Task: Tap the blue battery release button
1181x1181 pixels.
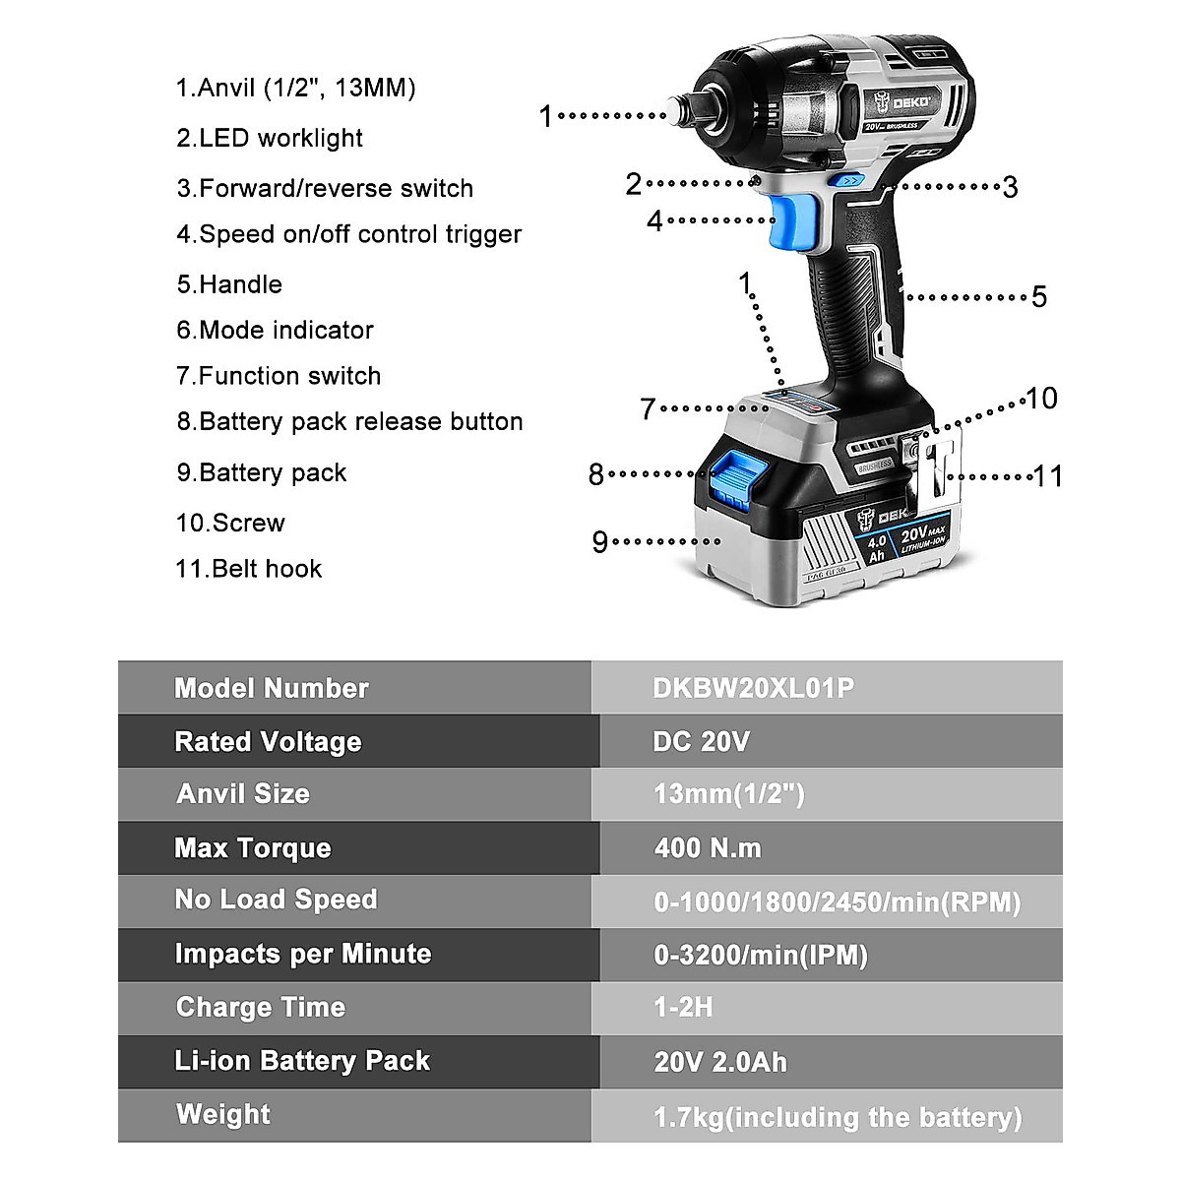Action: pos(732,478)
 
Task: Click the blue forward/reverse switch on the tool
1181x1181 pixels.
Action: pos(849,180)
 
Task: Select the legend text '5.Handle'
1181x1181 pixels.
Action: pos(229,284)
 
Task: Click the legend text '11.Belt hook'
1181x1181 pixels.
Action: pos(249,569)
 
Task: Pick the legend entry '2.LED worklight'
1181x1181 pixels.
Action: pos(270,138)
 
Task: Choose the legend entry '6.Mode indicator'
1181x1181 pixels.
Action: pos(276,330)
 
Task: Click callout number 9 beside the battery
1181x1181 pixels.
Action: pos(600,542)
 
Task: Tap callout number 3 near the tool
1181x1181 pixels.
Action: pos(1010,187)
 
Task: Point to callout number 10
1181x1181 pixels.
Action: pos(1041,399)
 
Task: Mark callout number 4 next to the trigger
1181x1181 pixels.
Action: pos(654,221)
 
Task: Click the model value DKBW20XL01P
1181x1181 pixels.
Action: pos(753,688)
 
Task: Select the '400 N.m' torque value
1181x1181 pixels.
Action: pos(708,847)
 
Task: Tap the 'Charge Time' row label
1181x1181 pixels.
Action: pos(261,1007)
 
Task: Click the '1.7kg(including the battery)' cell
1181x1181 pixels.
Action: pos(838,1117)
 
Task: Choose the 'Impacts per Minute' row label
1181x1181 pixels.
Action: pos(302,954)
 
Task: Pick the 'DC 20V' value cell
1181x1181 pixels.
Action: pos(701,741)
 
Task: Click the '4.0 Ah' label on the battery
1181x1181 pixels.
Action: pos(876,548)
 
